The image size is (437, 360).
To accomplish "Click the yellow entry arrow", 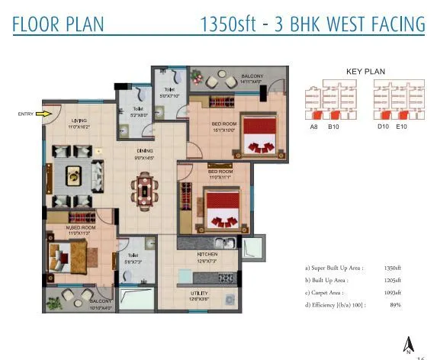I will click(x=44, y=114).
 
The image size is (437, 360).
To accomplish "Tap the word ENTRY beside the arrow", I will click(x=26, y=114).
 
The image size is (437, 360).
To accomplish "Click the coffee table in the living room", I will click(x=74, y=175).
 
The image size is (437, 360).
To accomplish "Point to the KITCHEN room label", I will click(x=207, y=254).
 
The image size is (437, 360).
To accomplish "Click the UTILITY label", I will click(x=200, y=293).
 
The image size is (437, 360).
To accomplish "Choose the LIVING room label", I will click(x=79, y=121).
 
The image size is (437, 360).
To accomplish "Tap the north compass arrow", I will click(x=408, y=344).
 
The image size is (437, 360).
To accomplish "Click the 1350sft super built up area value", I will click(x=391, y=268).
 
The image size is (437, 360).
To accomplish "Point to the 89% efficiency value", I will click(x=395, y=304).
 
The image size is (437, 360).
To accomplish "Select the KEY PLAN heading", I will click(x=365, y=72).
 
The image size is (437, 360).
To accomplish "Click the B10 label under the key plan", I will click(x=333, y=126).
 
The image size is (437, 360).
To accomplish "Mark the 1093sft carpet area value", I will click(x=391, y=292).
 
